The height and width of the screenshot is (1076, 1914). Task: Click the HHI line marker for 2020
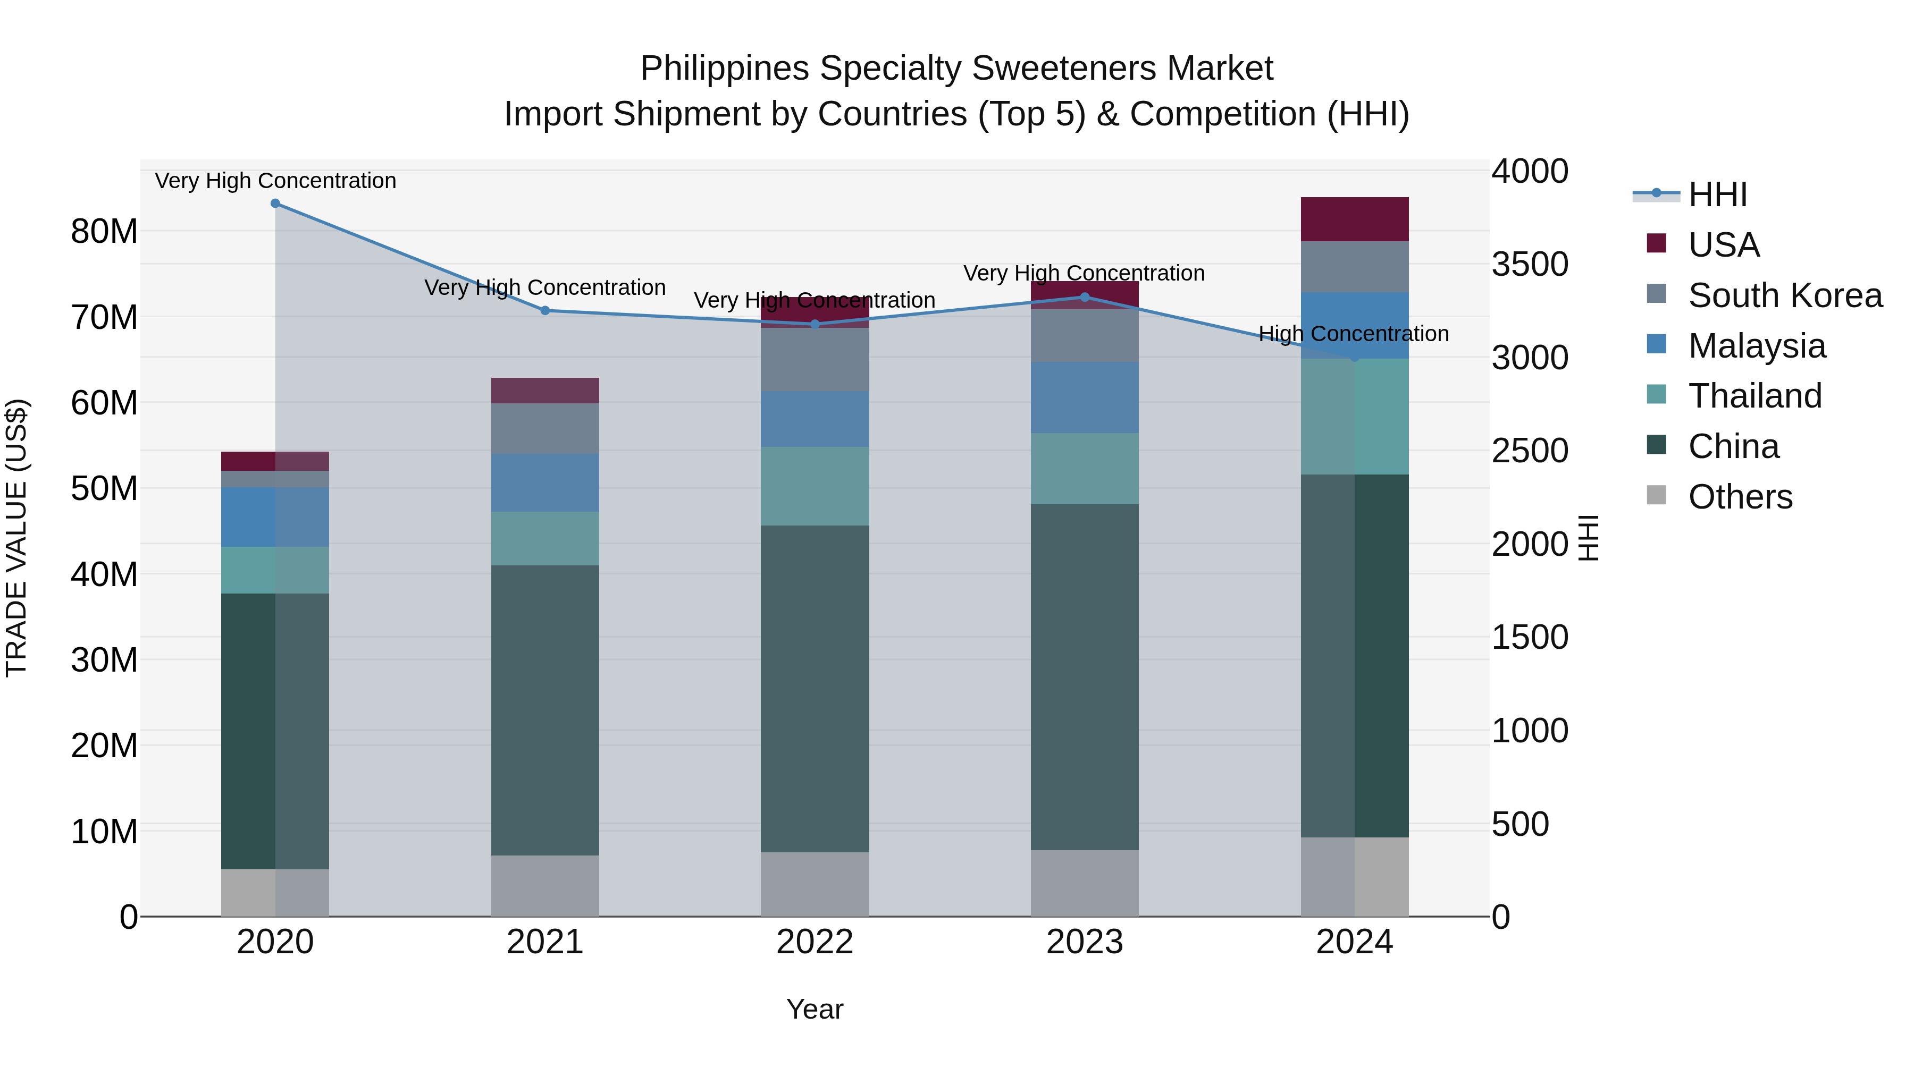tap(275, 204)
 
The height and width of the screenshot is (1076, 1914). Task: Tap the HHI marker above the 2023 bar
tap(1084, 297)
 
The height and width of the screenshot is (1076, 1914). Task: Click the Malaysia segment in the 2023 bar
tap(1084, 397)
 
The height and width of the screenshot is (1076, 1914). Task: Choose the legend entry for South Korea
tap(1785, 295)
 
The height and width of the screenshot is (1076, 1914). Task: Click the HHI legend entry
tap(1717, 194)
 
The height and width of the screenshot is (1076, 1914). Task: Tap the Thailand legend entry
tap(1754, 396)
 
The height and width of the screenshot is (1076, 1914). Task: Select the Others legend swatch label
tap(1740, 497)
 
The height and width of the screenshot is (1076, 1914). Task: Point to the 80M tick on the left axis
tap(104, 232)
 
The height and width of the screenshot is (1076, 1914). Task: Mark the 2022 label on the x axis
tap(815, 942)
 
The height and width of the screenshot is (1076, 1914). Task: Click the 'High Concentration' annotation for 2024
tap(1353, 334)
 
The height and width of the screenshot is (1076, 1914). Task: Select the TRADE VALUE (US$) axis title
tap(16, 538)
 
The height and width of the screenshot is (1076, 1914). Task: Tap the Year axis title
tap(815, 1009)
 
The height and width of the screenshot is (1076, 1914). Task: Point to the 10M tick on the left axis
tap(104, 832)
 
